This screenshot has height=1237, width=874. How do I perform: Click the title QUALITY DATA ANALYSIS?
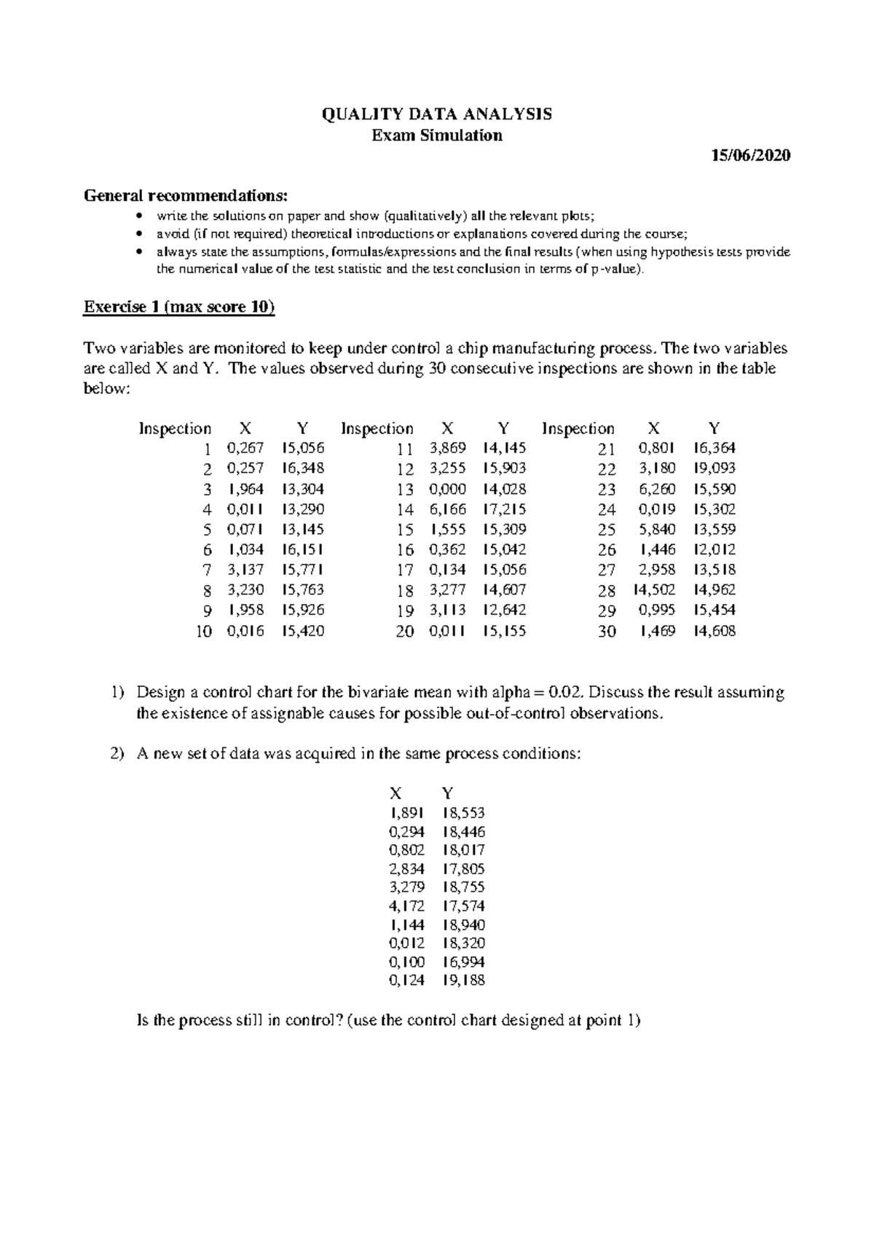[437, 114]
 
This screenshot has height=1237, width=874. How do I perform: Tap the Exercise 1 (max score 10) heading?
[179, 307]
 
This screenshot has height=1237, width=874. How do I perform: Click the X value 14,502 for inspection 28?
[654, 590]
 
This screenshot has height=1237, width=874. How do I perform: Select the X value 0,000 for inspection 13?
[447, 489]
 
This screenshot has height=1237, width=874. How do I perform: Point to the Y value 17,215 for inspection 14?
[504, 509]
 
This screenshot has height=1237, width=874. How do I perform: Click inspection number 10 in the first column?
[203, 632]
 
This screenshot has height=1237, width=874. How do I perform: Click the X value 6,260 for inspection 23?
[656, 489]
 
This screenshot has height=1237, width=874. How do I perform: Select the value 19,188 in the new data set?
[463, 981]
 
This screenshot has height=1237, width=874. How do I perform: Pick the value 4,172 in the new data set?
[406, 906]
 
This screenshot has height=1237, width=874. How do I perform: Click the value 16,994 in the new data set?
[463, 962]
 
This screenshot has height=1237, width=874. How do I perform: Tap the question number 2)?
[118, 754]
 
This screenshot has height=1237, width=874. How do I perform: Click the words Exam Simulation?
[437, 136]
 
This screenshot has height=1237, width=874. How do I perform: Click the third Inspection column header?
[578, 428]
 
